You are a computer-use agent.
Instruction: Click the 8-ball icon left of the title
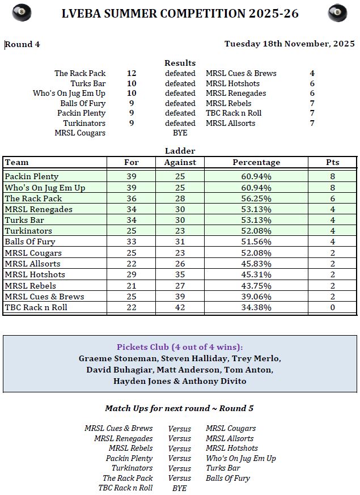pyautogui.click(x=22, y=12)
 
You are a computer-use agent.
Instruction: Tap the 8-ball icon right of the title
pyautogui.click(x=337, y=12)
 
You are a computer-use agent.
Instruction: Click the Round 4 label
pyautogui.click(x=23, y=44)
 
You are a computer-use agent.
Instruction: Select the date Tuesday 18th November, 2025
pyautogui.click(x=289, y=44)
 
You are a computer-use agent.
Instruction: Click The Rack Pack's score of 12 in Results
pyautogui.click(x=132, y=73)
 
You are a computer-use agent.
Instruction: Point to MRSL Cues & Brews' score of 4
pyautogui.click(x=312, y=73)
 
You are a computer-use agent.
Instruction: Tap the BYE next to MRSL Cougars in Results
pyautogui.click(x=180, y=133)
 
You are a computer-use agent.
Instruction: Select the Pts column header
pyautogui.click(x=332, y=162)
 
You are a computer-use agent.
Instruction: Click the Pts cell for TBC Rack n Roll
pyautogui.click(x=332, y=307)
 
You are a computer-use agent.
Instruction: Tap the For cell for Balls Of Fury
pyautogui.click(x=132, y=242)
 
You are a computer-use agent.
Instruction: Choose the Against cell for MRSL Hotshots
pyautogui.click(x=180, y=274)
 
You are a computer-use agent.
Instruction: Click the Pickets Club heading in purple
pyautogui.click(x=180, y=347)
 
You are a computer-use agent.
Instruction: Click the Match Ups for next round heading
pyautogui.click(x=179, y=408)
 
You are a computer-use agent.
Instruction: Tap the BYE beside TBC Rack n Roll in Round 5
pyautogui.click(x=179, y=488)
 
